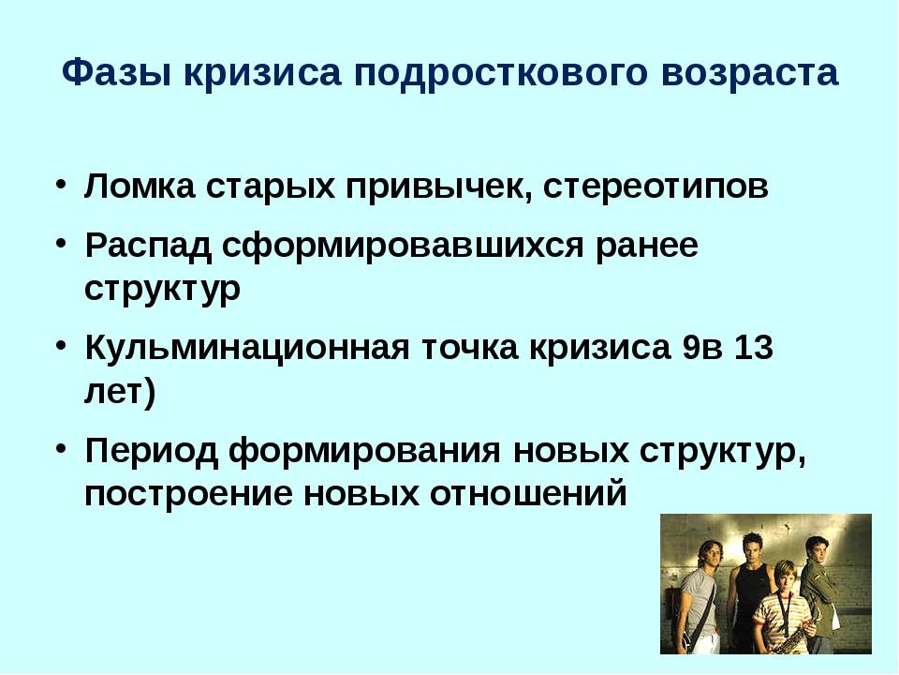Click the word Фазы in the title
click(116, 73)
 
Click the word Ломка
click(140, 186)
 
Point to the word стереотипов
click(656, 187)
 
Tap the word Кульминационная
click(247, 347)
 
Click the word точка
click(470, 349)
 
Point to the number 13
click(753, 347)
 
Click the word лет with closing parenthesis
click(120, 393)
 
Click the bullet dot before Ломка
click(62, 185)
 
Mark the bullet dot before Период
click(62, 448)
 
